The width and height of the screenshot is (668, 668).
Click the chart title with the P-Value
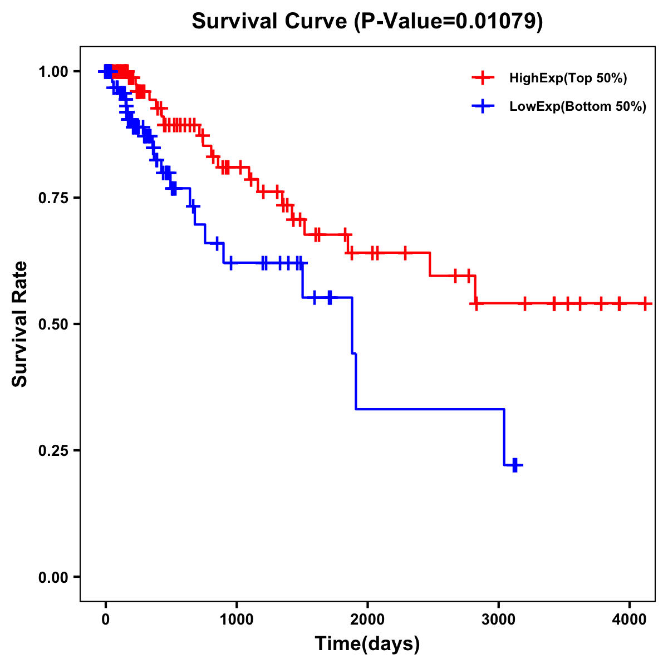point(367,21)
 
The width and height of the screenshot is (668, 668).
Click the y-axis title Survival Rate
point(20,323)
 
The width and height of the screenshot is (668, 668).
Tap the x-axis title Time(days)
point(367,644)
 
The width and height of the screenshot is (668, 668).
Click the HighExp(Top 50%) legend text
point(568,78)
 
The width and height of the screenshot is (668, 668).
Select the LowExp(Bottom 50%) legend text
point(578,107)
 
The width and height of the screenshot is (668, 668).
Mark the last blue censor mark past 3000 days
point(515,465)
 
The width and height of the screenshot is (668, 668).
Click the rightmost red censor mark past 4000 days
point(645,303)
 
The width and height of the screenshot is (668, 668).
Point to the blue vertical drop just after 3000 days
point(504,437)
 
